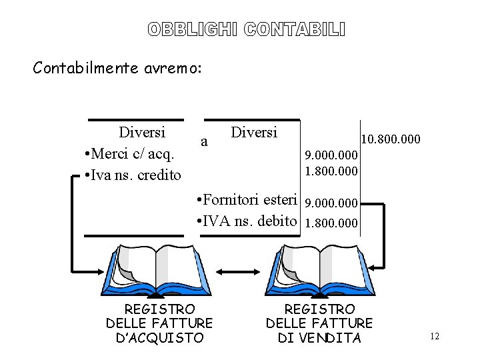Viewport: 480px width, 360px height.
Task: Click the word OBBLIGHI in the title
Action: [193, 29]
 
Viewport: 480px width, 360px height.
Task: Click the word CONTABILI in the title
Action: [295, 29]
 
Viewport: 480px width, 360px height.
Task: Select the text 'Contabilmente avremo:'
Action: [117, 67]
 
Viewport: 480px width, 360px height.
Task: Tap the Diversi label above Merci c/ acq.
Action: [142, 132]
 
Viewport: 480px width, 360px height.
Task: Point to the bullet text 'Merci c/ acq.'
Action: [131, 154]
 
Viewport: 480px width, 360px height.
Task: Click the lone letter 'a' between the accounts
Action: [205, 141]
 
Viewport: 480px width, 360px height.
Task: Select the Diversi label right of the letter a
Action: [254, 132]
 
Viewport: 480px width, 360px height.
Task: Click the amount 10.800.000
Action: [390, 139]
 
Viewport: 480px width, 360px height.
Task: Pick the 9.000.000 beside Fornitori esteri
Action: [331, 203]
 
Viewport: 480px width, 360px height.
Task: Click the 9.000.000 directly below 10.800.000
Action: [331, 155]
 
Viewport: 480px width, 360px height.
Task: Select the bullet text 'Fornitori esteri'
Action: [246, 200]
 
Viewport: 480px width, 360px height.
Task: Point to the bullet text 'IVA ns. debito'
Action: [246, 221]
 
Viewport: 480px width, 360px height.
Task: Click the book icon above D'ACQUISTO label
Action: [155, 269]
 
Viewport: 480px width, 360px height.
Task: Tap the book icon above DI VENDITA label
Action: [319, 269]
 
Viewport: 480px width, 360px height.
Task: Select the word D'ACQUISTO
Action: [159, 338]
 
